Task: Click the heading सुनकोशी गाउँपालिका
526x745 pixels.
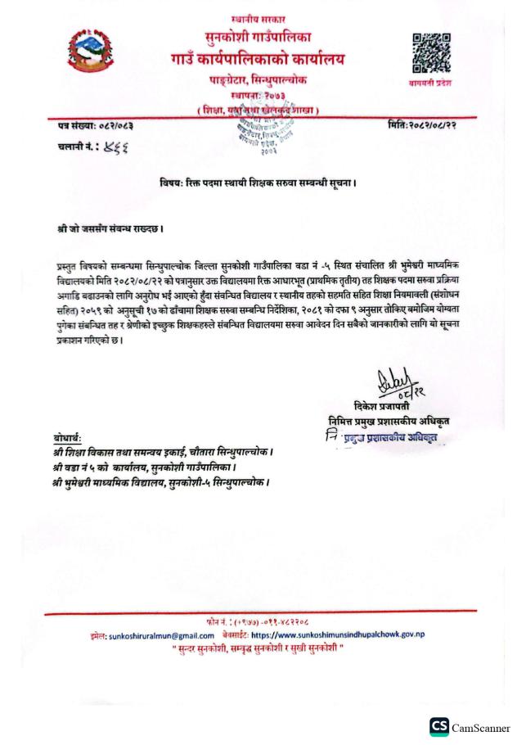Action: point(263,36)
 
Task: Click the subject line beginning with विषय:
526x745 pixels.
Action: point(263,182)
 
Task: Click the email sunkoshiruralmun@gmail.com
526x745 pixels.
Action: point(160,634)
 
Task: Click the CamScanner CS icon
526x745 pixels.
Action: point(438,727)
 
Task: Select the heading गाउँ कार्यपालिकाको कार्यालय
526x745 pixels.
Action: point(263,58)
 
